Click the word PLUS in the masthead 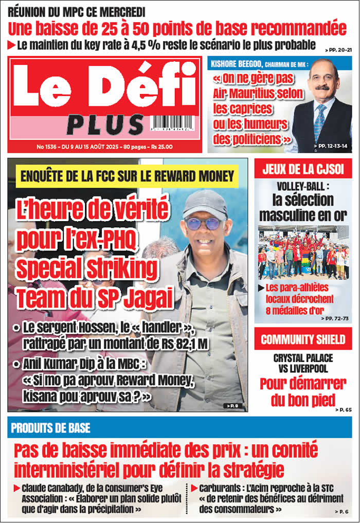click(105, 125)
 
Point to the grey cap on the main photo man click(205, 203)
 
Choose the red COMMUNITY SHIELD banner click(303, 339)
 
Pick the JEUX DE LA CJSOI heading click(303, 169)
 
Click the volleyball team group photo click(303, 253)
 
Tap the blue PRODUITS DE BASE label click(50, 428)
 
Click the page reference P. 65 click(343, 410)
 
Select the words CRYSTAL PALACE click(303, 358)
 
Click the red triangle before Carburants click(194, 488)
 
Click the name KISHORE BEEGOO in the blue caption click(237, 64)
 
